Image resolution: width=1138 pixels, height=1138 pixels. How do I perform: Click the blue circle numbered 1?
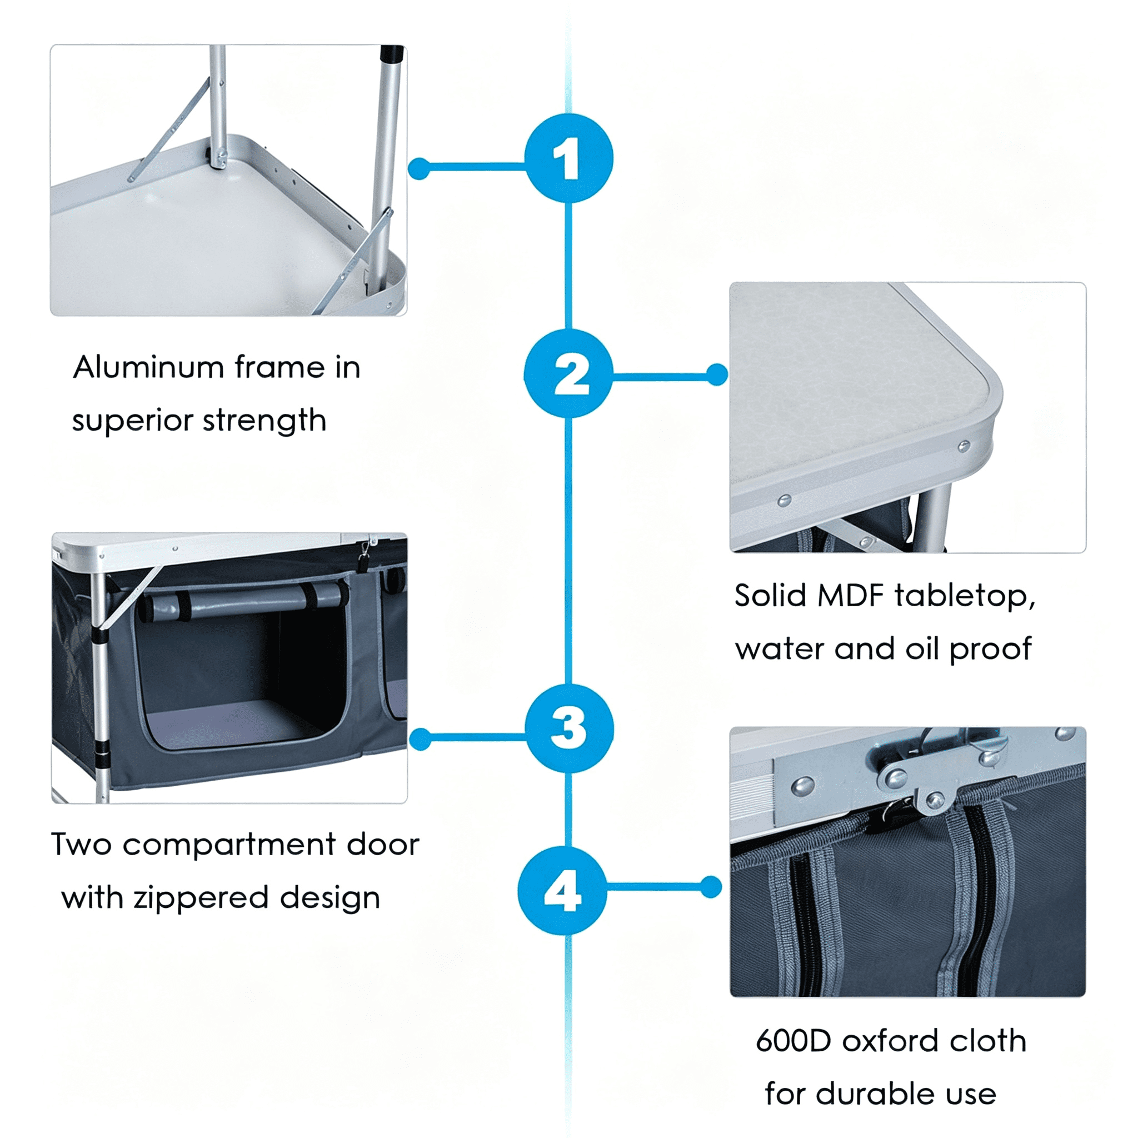click(x=568, y=158)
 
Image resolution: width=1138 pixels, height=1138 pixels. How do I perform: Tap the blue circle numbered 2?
click(x=568, y=373)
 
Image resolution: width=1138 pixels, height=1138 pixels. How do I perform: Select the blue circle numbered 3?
click(x=569, y=728)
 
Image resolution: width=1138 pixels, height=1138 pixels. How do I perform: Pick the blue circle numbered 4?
click(x=562, y=891)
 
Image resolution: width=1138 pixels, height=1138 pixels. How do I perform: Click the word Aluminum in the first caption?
click(x=148, y=367)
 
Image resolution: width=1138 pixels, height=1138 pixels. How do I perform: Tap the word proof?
click(x=990, y=650)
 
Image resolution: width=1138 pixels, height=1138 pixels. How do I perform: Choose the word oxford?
click(x=890, y=1041)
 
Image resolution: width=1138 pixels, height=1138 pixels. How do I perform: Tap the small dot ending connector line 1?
click(x=419, y=168)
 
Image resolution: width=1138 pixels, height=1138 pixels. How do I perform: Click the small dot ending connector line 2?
click(x=717, y=375)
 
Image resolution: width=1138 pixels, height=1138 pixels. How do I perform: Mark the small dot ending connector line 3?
click(x=420, y=739)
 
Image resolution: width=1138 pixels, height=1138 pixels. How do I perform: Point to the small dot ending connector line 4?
click(x=711, y=887)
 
